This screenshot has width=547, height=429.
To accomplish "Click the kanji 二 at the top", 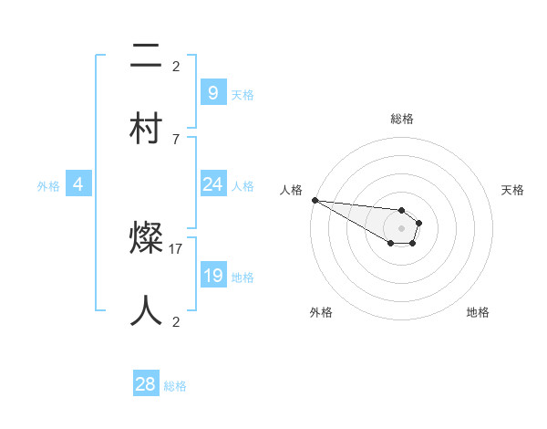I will click(146, 58).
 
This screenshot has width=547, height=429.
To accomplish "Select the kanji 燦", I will click(146, 240).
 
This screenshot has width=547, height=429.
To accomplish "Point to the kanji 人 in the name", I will click(146, 309).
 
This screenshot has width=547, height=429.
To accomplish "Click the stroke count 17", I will click(176, 248).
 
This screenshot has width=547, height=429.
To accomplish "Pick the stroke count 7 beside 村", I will click(175, 139).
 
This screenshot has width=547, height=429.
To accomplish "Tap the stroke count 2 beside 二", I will click(175, 67).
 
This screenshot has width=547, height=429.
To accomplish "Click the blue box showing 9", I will click(212, 92).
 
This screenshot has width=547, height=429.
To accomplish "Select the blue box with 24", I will click(212, 184).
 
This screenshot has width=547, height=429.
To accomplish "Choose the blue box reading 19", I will click(212, 276).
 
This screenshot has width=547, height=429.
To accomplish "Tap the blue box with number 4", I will click(78, 184).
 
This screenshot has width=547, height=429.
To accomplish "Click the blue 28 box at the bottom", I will click(145, 384).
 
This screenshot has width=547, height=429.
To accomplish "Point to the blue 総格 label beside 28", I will click(175, 386).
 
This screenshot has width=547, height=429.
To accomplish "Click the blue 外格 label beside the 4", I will click(48, 186).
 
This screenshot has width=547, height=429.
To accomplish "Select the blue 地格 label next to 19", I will click(243, 277).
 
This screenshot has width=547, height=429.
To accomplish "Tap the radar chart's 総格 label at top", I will click(401, 119).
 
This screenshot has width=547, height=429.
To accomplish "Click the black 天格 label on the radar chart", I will click(512, 190).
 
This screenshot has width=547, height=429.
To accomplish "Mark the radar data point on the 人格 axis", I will click(315, 200).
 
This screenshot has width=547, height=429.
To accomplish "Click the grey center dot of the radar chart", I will click(401, 228).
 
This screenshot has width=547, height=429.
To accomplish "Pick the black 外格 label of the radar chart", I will click(321, 312).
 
